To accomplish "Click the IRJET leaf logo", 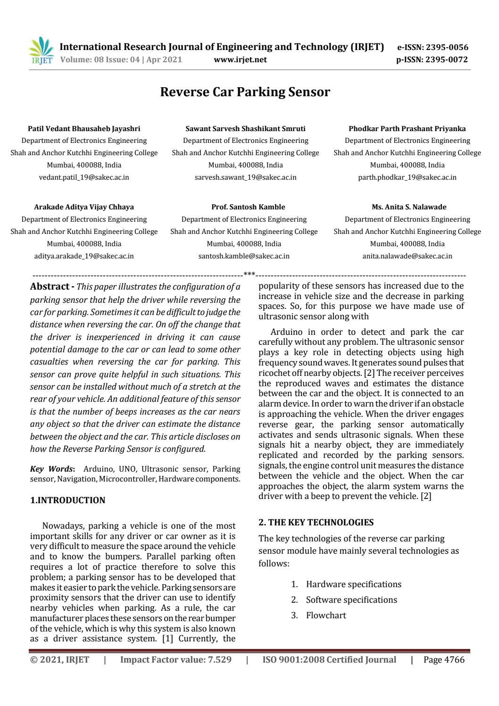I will pyautogui.click(x=41, y=50).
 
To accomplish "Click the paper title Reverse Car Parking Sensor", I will pyautogui.click(x=245, y=91).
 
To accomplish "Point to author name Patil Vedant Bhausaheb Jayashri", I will pyautogui.click(x=84, y=128).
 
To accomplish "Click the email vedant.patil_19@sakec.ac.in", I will pyautogui.click(x=84, y=177).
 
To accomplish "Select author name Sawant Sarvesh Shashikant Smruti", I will pyautogui.click(x=245, y=128).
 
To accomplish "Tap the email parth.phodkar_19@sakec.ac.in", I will pyautogui.click(x=407, y=177).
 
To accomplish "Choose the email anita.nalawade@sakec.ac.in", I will pyautogui.click(x=407, y=256).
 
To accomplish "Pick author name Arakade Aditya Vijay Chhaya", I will pyautogui.click(x=84, y=207).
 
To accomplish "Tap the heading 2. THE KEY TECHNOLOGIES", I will pyautogui.click(x=316, y=522).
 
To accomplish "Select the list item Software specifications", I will pyautogui.click(x=351, y=599).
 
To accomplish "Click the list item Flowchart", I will pyautogui.click(x=326, y=615).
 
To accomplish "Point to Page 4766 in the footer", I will pyautogui.click(x=444, y=659).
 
